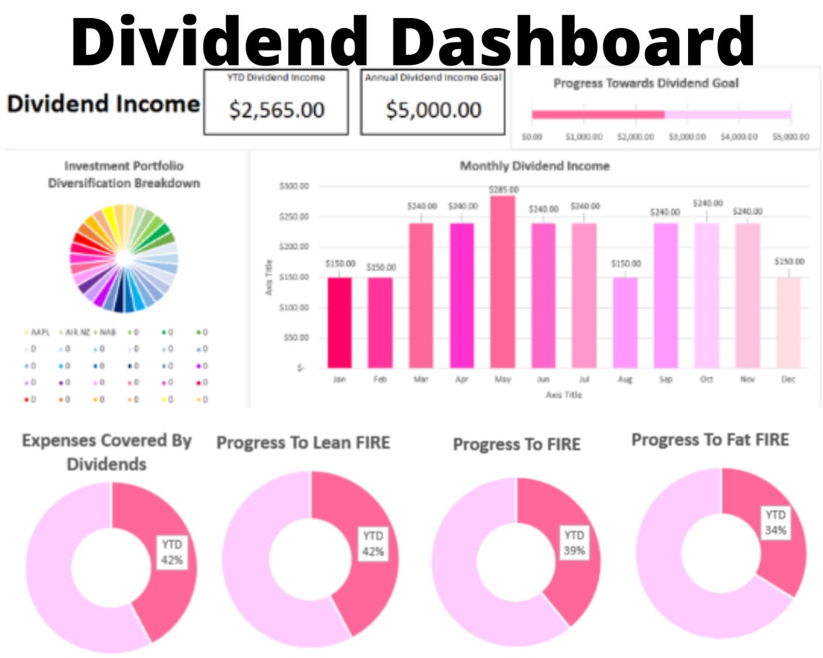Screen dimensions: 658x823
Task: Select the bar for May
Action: (x=503, y=281)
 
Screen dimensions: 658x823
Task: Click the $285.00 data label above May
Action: (x=503, y=190)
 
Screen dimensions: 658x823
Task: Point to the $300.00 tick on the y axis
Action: (x=294, y=186)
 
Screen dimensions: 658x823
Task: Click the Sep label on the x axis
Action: (x=666, y=380)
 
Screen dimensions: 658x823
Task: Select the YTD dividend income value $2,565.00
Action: (x=276, y=110)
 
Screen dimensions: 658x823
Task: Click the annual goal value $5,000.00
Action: (x=433, y=110)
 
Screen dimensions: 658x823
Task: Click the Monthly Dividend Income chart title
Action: (x=534, y=166)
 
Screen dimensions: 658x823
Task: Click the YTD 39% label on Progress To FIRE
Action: (x=574, y=542)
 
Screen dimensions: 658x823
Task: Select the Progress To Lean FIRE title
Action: (x=302, y=442)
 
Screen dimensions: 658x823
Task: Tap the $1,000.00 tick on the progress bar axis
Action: (x=583, y=136)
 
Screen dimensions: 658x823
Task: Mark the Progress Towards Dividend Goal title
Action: (x=645, y=83)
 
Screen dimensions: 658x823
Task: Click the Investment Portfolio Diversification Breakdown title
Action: (x=124, y=175)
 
